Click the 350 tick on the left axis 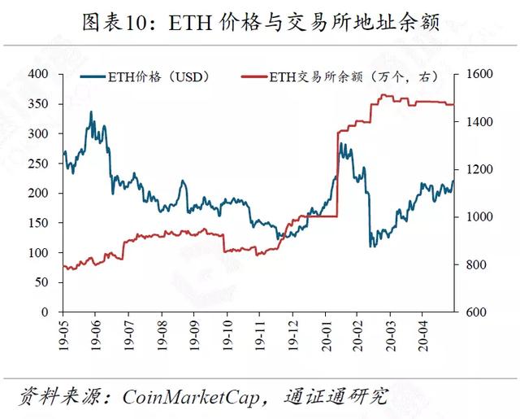tap(38, 104)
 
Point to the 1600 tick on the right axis tap(479, 74)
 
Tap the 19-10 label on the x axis tap(227, 335)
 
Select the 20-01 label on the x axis tap(327, 335)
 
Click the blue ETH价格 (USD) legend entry tap(145, 77)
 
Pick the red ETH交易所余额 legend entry tap(340, 77)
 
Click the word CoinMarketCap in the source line tap(190, 396)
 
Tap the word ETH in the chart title tap(190, 23)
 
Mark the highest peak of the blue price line tap(91, 112)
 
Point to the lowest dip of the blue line tap(370, 247)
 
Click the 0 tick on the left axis tap(45, 312)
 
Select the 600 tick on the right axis tap(476, 312)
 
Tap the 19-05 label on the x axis tap(63, 335)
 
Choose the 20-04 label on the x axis tap(422, 335)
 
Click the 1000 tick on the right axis tap(479, 216)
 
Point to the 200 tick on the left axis tap(38, 193)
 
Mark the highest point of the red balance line tap(384, 95)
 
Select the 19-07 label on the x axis tap(128, 335)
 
